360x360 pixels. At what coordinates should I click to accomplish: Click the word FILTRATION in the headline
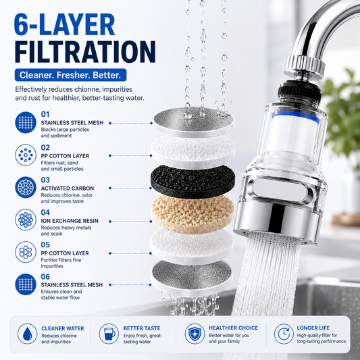85,52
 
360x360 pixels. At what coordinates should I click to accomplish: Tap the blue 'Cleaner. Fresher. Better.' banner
70,75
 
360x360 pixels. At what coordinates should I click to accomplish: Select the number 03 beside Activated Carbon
45,180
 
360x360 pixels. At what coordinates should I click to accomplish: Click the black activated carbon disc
193,182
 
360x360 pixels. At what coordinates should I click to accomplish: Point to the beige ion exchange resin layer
192,214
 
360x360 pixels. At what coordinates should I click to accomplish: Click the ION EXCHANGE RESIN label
70,221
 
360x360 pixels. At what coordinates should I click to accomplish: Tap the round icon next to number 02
26,155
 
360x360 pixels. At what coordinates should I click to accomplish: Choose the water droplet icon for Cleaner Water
27,334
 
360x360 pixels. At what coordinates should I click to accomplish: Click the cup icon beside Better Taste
109,334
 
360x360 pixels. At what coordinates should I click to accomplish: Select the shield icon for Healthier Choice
195,334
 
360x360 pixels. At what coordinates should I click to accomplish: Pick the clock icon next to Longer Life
284,334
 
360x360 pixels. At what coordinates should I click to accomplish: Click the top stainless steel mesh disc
194,122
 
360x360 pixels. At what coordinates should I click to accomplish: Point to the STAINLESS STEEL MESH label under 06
72,285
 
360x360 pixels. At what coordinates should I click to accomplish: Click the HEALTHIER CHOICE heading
233,328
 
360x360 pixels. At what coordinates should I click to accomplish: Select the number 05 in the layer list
45,245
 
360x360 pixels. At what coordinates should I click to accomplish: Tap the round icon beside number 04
26,220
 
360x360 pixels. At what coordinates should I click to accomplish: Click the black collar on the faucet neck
299,91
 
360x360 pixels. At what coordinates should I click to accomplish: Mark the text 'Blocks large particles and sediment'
65,132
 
